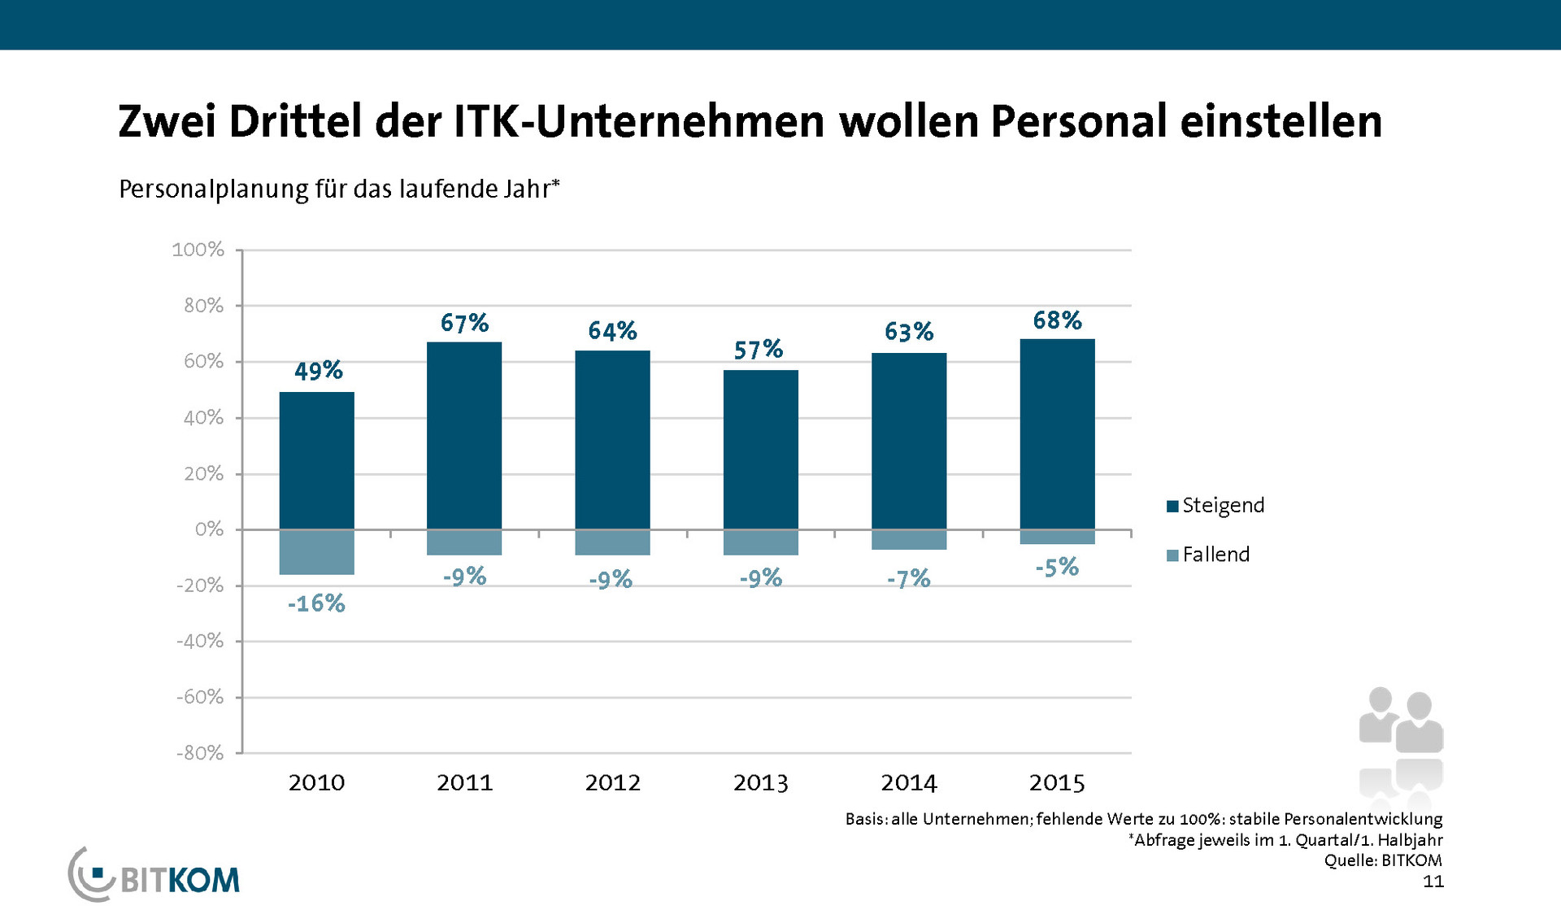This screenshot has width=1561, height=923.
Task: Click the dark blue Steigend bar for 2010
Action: [x=316, y=460]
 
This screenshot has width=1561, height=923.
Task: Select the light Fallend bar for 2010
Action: [x=316, y=552]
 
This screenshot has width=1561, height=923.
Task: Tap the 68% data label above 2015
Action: [x=1057, y=320]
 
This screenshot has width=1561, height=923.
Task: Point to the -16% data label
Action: [x=316, y=603]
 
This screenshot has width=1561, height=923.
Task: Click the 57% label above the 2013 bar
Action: [x=759, y=350]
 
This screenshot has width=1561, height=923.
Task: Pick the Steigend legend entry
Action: [x=1215, y=505]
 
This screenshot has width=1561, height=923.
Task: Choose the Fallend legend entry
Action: [x=1208, y=555]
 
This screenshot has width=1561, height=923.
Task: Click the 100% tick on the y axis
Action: [x=198, y=250]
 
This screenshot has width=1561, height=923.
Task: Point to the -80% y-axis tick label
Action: [x=200, y=753]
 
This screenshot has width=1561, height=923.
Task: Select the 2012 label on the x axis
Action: [x=612, y=782]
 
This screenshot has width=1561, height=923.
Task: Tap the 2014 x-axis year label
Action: [x=909, y=782]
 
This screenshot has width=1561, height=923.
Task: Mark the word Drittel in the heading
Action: [x=294, y=122]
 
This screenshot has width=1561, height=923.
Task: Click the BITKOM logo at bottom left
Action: [x=154, y=877]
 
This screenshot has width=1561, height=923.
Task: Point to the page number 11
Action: [x=1433, y=882]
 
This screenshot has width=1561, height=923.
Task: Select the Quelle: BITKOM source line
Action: [x=1383, y=860]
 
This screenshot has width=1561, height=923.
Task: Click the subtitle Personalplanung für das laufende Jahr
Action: [x=339, y=189]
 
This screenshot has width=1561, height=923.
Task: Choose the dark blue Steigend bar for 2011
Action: [x=464, y=436]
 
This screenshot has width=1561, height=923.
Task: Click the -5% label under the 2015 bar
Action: [x=1057, y=567]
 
